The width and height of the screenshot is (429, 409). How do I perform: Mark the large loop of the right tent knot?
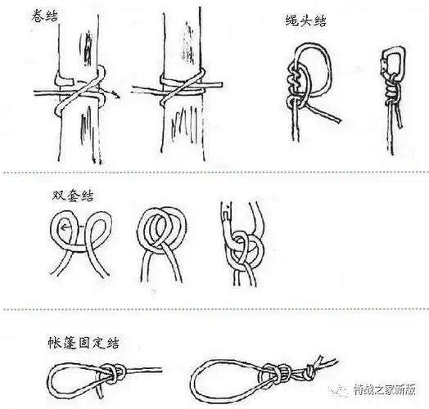[x=217, y=378]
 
